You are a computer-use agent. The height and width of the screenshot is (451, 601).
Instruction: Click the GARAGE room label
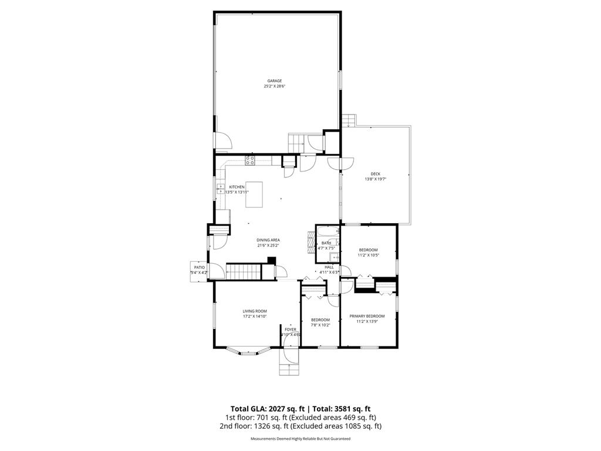point(275,81)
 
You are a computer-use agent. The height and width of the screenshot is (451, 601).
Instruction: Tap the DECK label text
point(376,174)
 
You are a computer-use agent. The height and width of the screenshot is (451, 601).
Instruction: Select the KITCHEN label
point(237,187)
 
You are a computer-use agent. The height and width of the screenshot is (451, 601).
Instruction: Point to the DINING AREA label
point(268,240)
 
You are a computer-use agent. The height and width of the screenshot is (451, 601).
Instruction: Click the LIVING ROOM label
point(255,311)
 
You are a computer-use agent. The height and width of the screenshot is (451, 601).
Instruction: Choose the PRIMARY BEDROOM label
point(367,316)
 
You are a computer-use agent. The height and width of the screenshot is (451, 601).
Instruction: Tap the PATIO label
point(200,267)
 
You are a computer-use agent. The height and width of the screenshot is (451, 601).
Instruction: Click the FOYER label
point(291,329)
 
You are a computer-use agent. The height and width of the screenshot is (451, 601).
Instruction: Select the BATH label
point(326,243)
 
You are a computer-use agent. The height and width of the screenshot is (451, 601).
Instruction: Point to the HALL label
point(329,267)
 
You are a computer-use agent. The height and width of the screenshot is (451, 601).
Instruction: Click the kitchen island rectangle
point(254,194)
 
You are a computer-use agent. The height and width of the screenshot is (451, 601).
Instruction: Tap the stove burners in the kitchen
point(250,159)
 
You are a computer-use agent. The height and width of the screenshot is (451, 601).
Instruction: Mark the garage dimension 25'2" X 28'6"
point(275,87)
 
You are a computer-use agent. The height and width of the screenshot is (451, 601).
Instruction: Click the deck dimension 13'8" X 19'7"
point(376,179)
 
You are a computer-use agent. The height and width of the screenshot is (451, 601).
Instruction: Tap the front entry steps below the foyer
point(289,369)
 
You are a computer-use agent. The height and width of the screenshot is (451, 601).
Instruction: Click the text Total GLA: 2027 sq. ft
point(266,409)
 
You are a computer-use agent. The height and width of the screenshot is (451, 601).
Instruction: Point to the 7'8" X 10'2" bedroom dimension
point(320,325)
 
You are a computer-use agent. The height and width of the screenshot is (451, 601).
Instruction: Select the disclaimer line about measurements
point(300,439)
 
